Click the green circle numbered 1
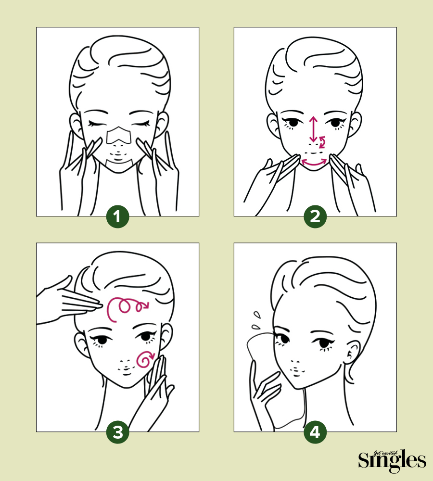pyautogui.click(x=117, y=216)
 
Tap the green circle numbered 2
pyautogui.click(x=315, y=216)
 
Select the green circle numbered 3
pyautogui.click(x=117, y=432)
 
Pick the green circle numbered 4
pyautogui.click(x=315, y=432)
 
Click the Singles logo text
pyautogui.click(x=392, y=461)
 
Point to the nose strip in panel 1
pyautogui.click(x=119, y=136)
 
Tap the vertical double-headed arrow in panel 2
pyautogui.click(x=313, y=129)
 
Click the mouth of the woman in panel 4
pyautogui.click(x=296, y=370)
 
